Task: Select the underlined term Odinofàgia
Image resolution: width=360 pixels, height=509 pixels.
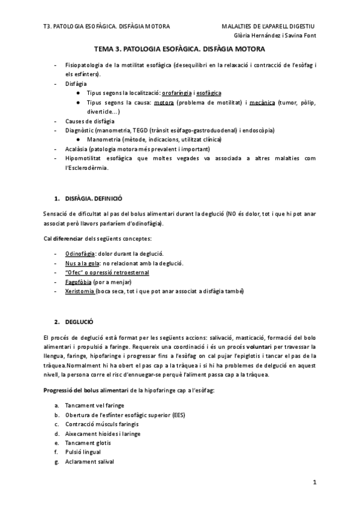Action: pos(80,254)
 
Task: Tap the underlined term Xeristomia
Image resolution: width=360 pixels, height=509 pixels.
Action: pos(80,291)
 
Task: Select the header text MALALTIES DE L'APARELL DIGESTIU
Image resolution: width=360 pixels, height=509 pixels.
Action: pos(268,26)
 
